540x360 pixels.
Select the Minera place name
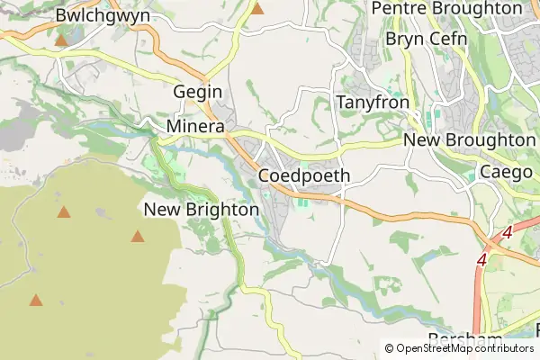194,128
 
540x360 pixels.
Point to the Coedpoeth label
303,175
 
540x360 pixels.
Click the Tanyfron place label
373,103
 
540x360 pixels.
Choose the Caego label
507,171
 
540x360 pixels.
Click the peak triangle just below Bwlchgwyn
61,40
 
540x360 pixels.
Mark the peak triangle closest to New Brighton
138,237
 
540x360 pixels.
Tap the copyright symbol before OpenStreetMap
389,348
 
